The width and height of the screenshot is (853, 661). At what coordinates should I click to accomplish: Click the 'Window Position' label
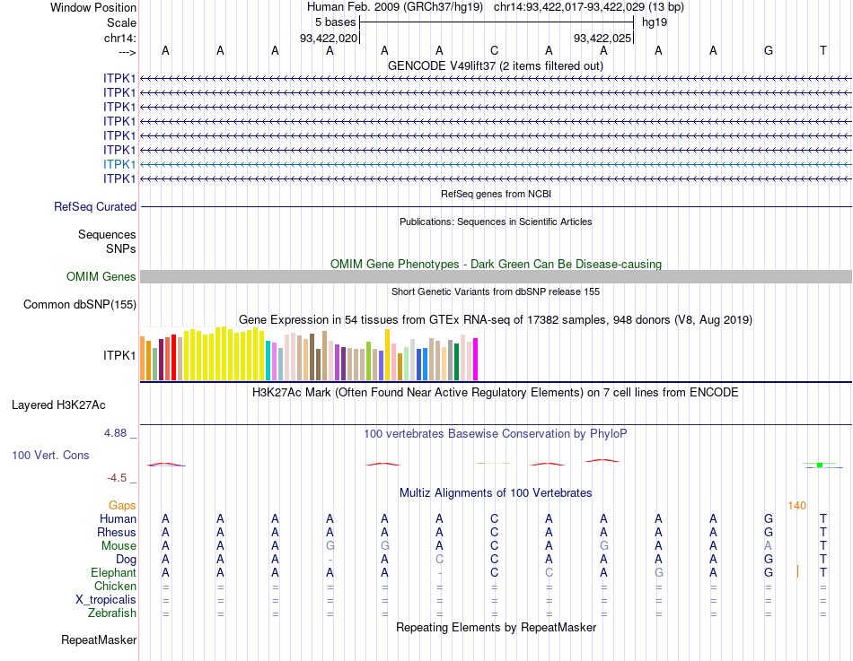click(x=93, y=7)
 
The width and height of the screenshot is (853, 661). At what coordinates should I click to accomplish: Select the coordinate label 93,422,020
click(x=329, y=38)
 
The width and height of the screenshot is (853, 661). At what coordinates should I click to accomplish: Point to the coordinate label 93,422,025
click(x=603, y=38)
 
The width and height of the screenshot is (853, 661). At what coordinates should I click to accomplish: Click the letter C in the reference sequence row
click(x=494, y=50)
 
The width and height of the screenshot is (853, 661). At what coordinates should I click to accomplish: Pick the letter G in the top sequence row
click(x=768, y=50)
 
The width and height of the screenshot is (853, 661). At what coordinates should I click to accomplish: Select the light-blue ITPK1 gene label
click(x=119, y=164)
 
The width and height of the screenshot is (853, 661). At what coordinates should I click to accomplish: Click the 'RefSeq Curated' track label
click(x=95, y=207)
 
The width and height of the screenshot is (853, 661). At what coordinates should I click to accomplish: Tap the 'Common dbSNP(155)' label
click(x=79, y=305)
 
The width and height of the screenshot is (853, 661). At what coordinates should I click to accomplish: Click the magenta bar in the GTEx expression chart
click(x=475, y=359)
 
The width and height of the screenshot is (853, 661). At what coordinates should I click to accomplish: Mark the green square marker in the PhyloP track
click(x=820, y=465)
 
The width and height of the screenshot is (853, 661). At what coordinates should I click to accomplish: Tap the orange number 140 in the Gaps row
click(x=796, y=506)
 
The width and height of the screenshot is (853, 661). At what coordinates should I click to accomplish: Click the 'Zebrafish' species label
click(x=112, y=613)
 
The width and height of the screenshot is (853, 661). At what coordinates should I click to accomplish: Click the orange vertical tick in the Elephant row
click(x=797, y=571)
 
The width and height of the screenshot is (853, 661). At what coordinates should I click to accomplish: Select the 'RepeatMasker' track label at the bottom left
click(x=99, y=640)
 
